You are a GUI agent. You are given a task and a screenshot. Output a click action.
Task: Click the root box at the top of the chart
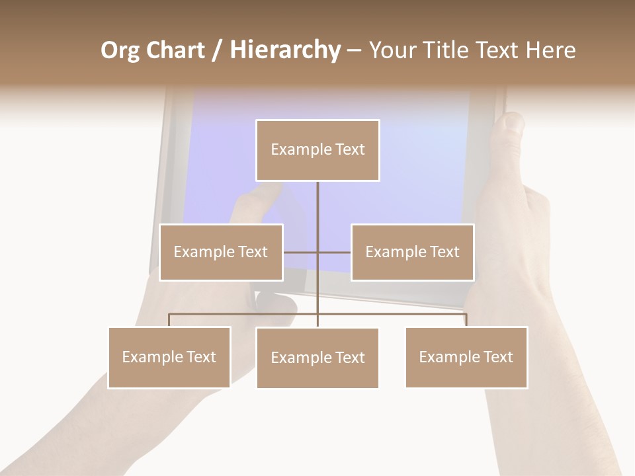click(x=317, y=150)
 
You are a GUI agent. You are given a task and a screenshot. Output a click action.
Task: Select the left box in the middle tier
click(x=221, y=253)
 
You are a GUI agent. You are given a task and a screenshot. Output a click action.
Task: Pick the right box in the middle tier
click(x=412, y=253)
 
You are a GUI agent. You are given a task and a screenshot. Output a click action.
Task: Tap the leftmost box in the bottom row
click(x=169, y=358)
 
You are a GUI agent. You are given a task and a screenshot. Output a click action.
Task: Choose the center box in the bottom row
click(x=317, y=358)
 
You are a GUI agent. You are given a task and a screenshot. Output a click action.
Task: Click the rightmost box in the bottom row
click(x=466, y=358)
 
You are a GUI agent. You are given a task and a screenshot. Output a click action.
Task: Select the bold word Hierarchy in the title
click(x=285, y=50)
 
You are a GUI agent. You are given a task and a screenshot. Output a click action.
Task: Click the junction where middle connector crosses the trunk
click(x=317, y=252)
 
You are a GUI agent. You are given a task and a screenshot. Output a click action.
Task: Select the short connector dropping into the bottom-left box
click(x=169, y=320)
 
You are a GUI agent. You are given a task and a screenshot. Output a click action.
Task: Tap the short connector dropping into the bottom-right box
click(x=466, y=320)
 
